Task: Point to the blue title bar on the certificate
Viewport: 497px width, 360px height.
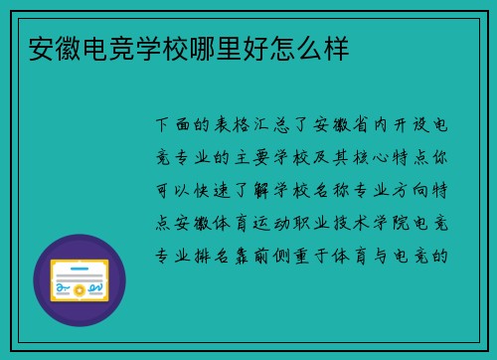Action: coord(80,266)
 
